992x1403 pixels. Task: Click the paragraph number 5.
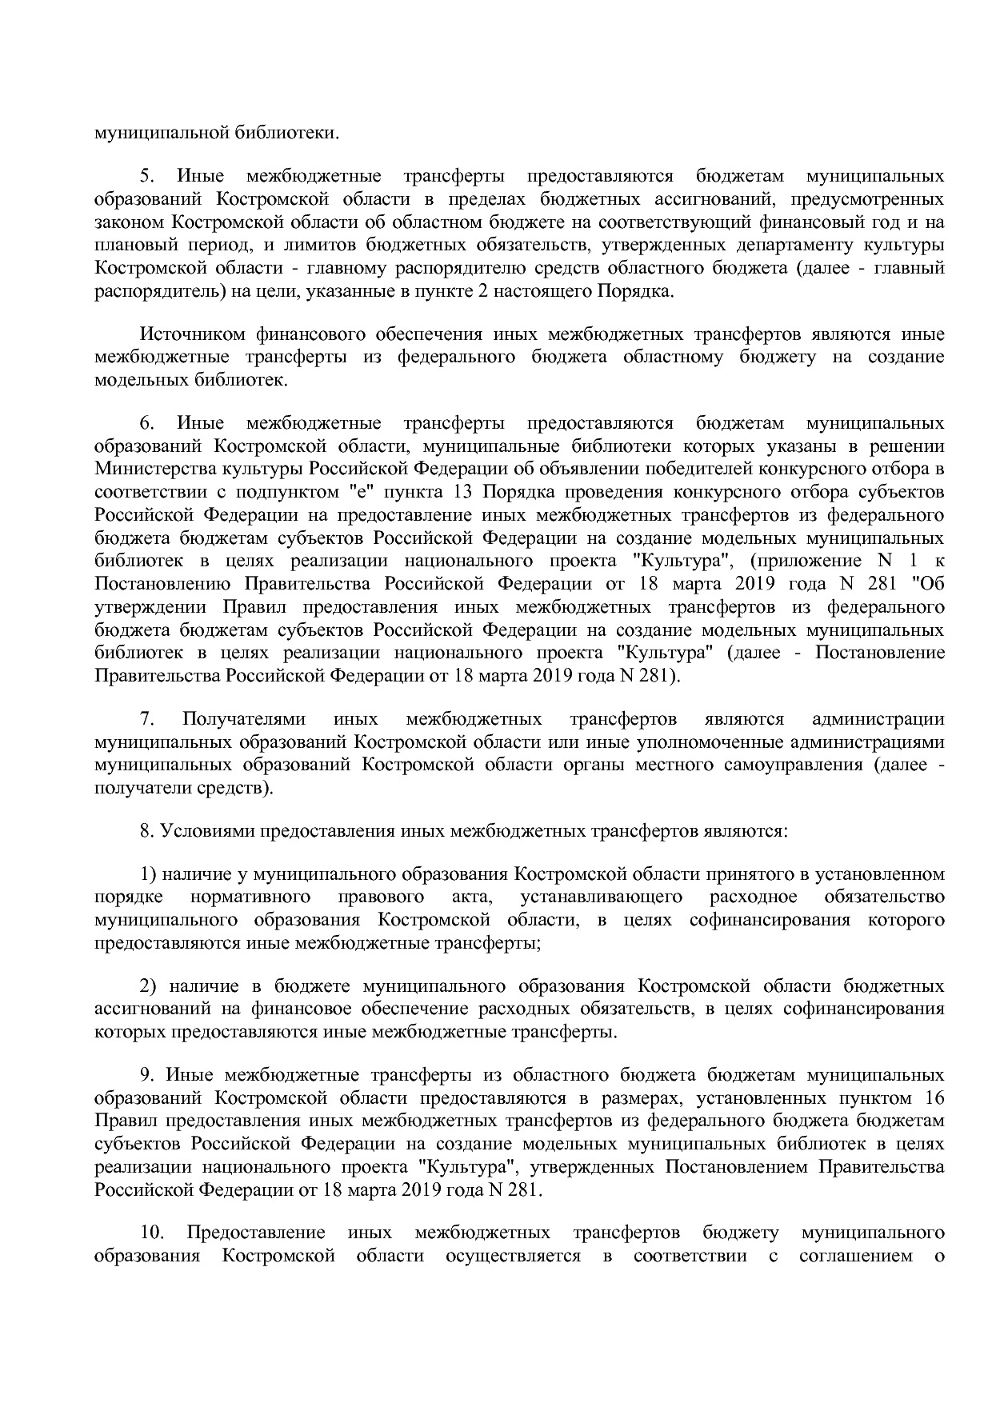[146, 176]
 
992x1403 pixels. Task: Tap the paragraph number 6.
[146, 423]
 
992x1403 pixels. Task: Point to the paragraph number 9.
[146, 1074]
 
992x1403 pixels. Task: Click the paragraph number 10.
[152, 1232]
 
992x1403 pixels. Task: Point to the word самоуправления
[793, 765]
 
